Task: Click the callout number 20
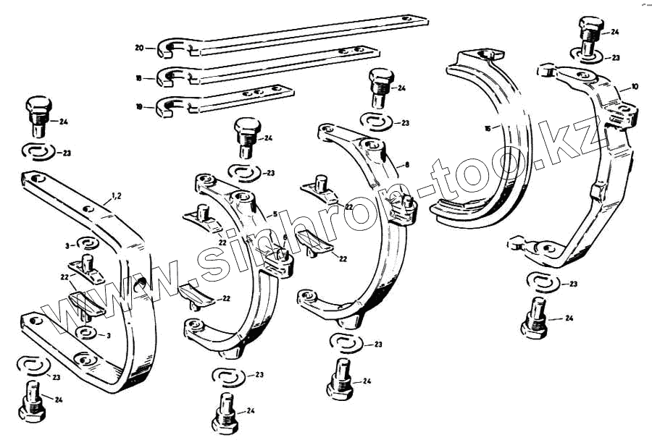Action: click(x=139, y=48)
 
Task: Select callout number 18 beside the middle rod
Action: click(x=139, y=77)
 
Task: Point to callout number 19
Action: click(x=139, y=106)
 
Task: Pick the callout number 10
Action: click(x=635, y=87)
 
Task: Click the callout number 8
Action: click(x=407, y=165)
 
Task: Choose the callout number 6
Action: click(x=285, y=237)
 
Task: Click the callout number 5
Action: click(x=275, y=214)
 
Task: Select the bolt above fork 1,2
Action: click(x=39, y=116)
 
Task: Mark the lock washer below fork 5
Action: click(x=229, y=376)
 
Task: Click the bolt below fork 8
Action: click(x=339, y=380)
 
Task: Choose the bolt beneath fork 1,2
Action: click(x=33, y=400)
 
